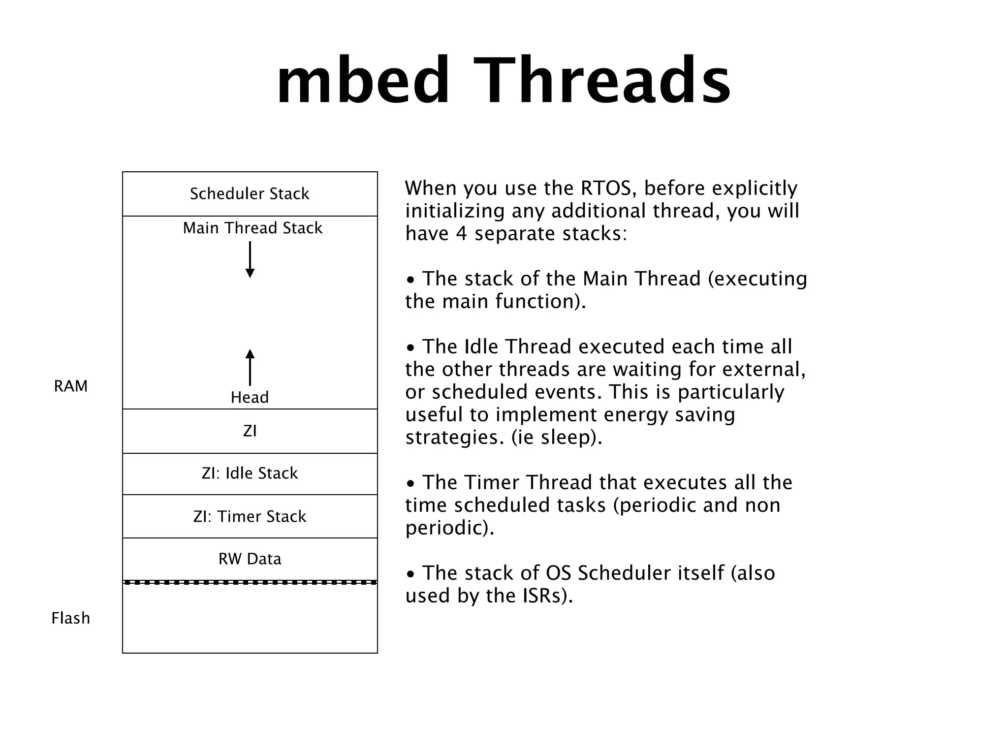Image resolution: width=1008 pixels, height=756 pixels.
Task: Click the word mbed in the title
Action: pos(363,81)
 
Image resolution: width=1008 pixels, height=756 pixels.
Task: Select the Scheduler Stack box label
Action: pos(250,194)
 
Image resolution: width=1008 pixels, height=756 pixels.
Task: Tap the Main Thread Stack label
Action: pos(252,228)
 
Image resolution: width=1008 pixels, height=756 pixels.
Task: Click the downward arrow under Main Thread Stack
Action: pos(250,259)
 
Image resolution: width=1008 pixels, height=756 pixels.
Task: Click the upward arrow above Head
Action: pos(250,367)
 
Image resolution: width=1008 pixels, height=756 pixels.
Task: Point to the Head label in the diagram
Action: pos(250,398)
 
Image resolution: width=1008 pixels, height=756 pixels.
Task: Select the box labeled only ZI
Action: pos(250,431)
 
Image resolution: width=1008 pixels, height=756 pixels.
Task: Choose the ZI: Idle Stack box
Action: pos(250,473)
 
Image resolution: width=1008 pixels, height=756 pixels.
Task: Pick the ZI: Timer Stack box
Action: pos(250,517)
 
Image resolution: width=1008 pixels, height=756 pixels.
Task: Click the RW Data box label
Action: pos(250,559)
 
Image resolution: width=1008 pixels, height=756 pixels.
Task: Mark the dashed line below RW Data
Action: pos(250,583)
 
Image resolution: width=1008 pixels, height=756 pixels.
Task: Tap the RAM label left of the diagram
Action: pos(70,386)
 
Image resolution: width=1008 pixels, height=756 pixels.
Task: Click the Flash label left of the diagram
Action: pos(70,618)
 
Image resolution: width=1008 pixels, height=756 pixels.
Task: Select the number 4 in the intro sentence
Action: pos(461,234)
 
